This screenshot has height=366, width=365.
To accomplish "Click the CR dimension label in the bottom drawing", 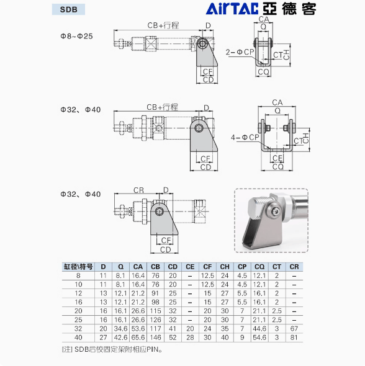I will coord(139,190).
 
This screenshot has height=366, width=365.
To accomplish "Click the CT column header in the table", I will coord(277,267).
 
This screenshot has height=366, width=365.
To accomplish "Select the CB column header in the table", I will coord(156,267).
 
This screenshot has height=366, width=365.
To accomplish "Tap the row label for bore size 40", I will coord(78,337).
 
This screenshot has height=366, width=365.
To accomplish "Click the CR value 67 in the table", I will coord(294,329).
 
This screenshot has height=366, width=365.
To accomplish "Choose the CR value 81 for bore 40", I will coord(294,337).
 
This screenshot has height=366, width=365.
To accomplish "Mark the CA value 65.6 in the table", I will coord(138,337).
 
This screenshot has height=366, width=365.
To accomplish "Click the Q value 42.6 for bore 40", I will coord(120,337).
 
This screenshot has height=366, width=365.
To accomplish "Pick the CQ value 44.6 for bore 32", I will coord(259,329).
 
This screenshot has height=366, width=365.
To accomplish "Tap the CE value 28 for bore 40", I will coord(190,337).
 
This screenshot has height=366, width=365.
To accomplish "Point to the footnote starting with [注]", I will coord(112,349).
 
